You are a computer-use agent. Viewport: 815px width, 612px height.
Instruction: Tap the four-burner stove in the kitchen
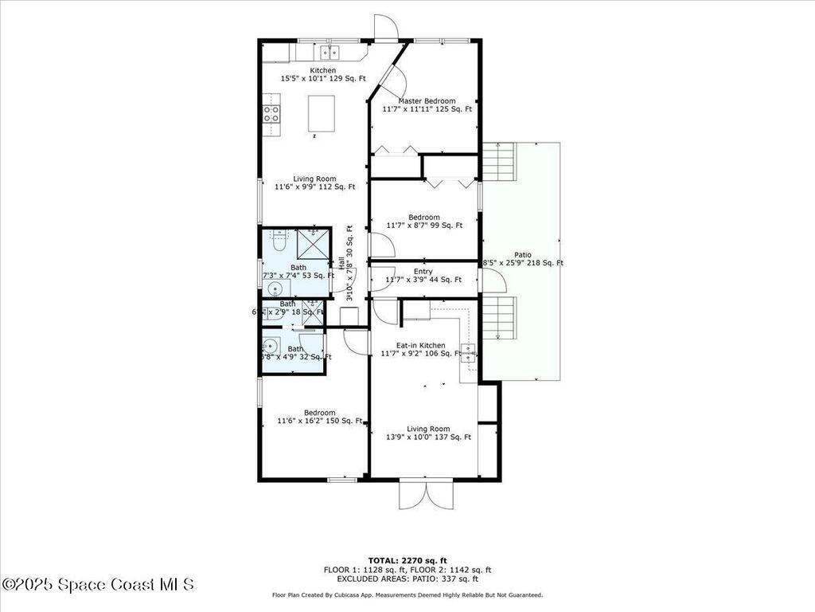click(x=271, y=113)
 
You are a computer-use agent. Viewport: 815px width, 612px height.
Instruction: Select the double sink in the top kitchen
click(x=330, y=53)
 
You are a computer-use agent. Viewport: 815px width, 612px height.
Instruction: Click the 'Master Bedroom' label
click(x=427, y=101)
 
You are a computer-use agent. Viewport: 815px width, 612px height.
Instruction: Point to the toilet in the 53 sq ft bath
click(x=278, y=236)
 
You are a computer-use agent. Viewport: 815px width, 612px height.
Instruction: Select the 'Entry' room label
click(x=423, y=272)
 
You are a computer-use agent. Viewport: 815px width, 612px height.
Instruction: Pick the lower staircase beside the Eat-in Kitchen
click(x=500, y=317)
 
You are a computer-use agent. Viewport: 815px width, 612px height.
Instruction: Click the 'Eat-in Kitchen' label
click(x=412, y=345)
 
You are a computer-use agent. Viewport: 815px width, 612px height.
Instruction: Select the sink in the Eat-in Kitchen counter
click(x=470, y=352)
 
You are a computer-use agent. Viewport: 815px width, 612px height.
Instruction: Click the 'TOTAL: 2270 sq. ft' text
click(x=407, y=559)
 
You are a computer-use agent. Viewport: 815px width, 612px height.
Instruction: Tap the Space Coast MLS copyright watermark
click(x=98, y=585)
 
